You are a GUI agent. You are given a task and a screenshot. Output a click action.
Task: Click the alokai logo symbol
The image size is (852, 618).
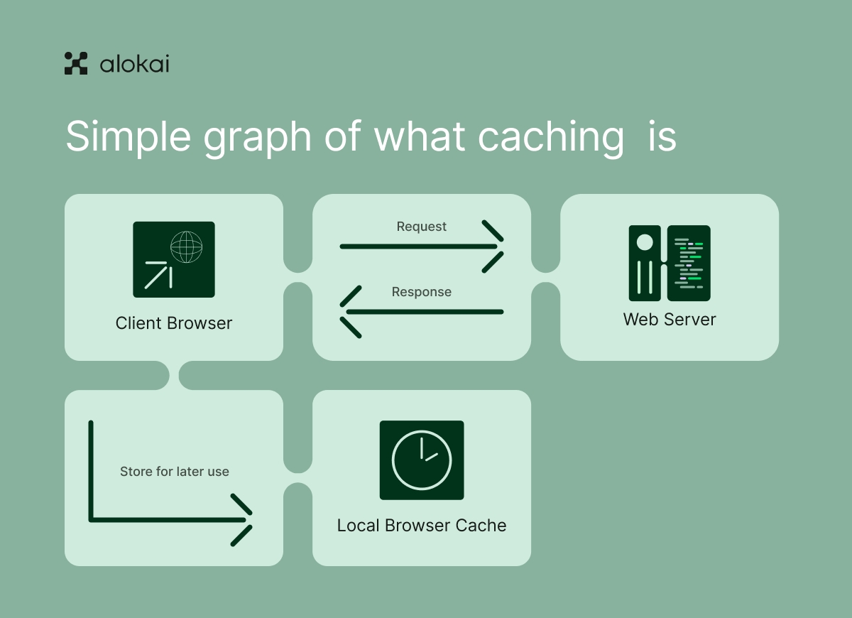(x=76, y=63)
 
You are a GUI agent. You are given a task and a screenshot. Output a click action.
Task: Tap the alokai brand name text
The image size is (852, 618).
(x=134, y=64)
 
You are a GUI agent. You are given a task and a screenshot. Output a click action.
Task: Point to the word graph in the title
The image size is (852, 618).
(x=258, y=137)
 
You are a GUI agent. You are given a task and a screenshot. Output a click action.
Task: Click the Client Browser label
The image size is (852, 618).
(x=174, y=323)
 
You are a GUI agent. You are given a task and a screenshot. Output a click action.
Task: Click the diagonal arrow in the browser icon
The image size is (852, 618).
(x=158, y=274)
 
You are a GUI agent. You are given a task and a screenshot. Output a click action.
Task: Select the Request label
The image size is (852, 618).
(x=422, y=227)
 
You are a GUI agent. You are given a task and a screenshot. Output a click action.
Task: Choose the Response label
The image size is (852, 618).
(x=422, y=292)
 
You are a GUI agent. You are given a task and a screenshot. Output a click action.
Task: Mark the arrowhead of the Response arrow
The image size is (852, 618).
(x=349, y=312)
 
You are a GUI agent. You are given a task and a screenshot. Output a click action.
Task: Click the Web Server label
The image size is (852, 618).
(x=670, y=320)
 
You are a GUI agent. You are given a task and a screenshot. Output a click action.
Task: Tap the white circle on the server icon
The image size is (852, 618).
(x=645, y=243)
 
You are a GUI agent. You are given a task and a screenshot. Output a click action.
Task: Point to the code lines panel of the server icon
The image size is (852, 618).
(x=689, y=263)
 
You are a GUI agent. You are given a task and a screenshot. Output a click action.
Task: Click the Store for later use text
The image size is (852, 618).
(x=175, y=472)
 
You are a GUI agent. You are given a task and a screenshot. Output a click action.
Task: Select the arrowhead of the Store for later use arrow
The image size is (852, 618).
(x=244, y=520)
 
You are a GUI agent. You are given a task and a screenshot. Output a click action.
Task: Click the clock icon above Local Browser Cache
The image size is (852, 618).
(x=422, y=460)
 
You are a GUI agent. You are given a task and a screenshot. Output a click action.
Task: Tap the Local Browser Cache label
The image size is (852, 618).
(x=422, y=526)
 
